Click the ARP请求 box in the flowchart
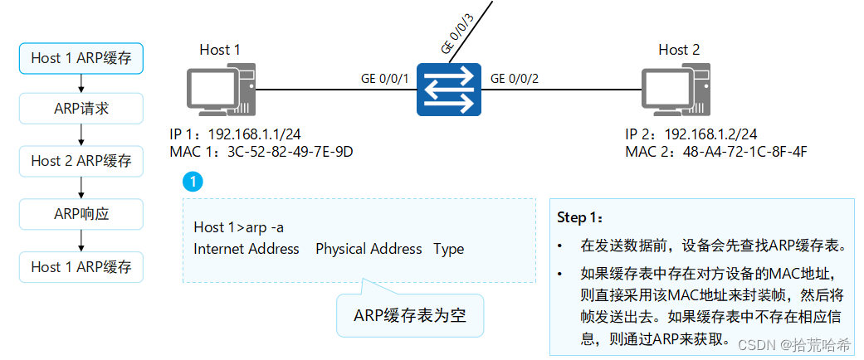(81, 109)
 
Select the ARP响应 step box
(81, 214)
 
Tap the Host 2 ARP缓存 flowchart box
(81, 161)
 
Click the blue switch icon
(449, 89)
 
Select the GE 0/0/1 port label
(385, 79)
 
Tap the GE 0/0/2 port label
(515, 79)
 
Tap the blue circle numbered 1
(193, 180)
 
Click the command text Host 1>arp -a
(239, 227)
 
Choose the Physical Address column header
(369, 249)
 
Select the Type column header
(448, 249)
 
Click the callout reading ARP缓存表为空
(410, 316)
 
